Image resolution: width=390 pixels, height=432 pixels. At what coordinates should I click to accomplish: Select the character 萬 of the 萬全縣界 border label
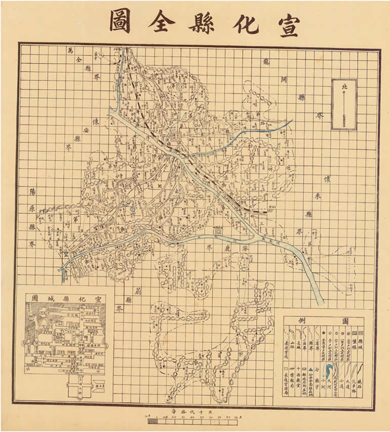[x=70, y=50]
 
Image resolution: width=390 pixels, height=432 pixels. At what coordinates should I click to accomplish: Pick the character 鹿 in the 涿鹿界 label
[x=226, y=250]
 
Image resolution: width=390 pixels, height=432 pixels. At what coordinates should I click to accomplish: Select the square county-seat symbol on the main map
[x=175, y=137]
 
